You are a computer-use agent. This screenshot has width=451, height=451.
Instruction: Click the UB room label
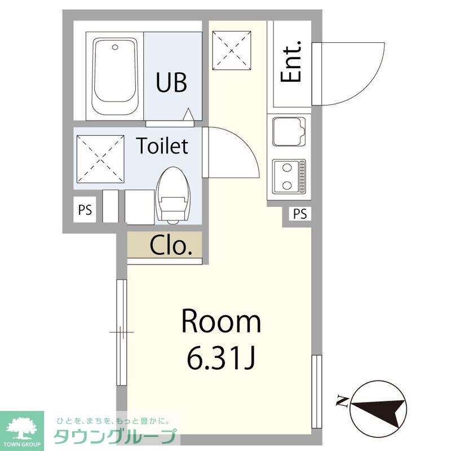[x=172, y=83]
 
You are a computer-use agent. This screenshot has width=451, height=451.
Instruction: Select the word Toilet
[x=162, y=147]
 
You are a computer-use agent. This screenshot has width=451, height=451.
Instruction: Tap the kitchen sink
[x=288, y=131]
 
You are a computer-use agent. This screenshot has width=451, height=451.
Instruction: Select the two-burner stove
[x=288, y=175]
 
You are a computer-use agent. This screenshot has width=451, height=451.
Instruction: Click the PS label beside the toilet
[x=85, y=210]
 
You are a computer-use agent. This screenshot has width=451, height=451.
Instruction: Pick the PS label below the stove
[x=300, y=214]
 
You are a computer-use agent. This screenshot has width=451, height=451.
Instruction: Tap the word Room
[x=221, y=322]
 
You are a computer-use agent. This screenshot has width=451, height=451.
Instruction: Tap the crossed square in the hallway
[x=231, y=50]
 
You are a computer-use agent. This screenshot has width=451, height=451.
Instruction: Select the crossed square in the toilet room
[x=100, y=158]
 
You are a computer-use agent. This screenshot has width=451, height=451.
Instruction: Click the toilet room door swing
[x=231, y=152]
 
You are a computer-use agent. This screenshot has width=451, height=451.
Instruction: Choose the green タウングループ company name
[x=115, y=437]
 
